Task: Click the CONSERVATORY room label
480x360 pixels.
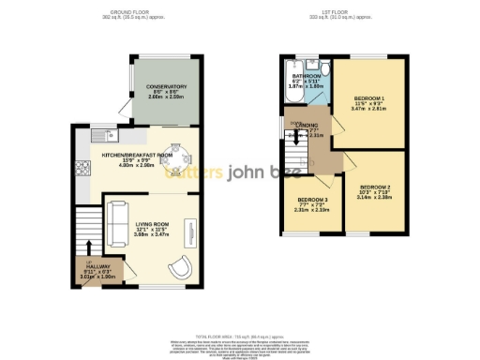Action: click(x=166, y=86)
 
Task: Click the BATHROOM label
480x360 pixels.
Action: click(x=306, y=76)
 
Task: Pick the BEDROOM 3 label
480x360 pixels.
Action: click(x=312, y=200)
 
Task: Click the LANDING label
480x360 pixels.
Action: click(x=308, y=126)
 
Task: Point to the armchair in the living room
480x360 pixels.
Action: click(x=182, y=265)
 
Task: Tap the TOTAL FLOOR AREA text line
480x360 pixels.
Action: click(x=240, y=335)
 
